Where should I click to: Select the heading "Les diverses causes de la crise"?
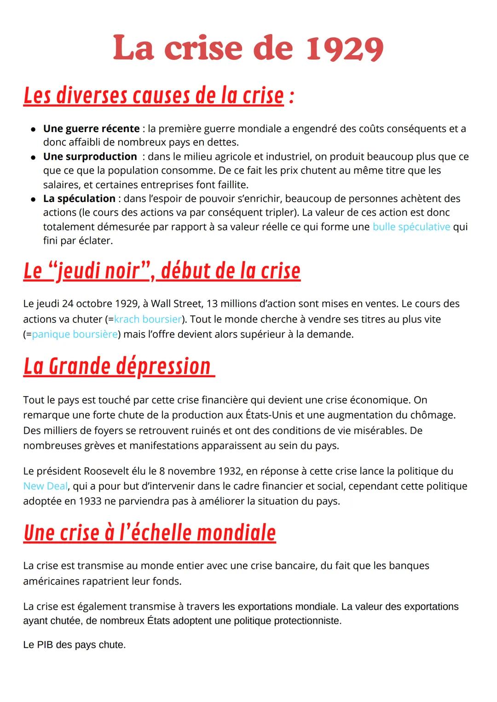[x=153, y=96]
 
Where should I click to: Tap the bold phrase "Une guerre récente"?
[x=91, y=129]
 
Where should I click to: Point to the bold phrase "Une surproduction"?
[x=90, y=157]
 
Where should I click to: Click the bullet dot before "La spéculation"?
[x=33, y=199]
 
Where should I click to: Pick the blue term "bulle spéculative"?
[x=411, y=227]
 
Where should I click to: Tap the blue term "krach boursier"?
[x=147, y=319]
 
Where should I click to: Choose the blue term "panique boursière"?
[x=75, y=334]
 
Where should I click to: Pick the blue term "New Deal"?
[x=45, y=486]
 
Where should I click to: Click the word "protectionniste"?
[x=307, y=621]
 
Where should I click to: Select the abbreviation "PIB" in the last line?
[x=45, y=645]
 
